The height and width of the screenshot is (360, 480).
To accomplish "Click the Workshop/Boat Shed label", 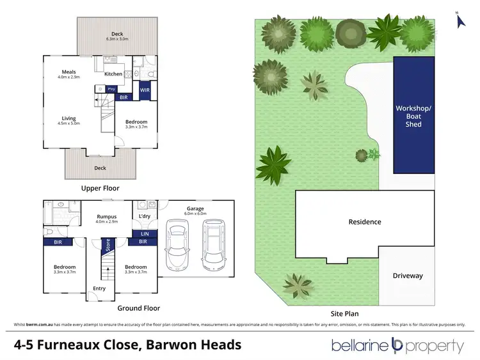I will tap(413, 116).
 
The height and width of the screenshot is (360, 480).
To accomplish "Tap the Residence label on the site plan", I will tap(365, 222).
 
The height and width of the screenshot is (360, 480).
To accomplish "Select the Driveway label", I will tap(408, 276).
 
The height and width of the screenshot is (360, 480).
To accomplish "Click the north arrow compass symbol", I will tap(458, 19).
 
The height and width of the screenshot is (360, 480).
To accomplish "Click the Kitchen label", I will tap(113, 74).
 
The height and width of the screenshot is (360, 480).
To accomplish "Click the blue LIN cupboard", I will tap(144, 234).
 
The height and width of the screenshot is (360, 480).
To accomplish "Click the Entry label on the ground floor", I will tap(99, 288).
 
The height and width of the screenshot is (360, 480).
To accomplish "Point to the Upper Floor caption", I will tap(100, 189).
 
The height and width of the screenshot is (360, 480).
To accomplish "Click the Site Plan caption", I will tap(344, 314).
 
